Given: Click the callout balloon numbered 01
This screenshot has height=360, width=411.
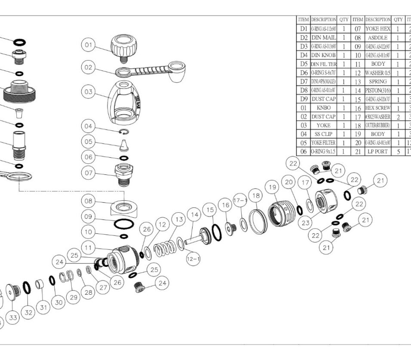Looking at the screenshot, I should [x=89, y=44].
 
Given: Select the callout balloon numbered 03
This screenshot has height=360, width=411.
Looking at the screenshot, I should [x=89, y=92].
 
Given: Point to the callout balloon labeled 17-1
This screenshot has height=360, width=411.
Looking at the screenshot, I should [x=240, y=200].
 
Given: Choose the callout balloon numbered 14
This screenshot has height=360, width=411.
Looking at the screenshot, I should [x=195, y=214].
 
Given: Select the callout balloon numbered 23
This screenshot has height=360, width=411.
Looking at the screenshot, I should [x=306, y=223].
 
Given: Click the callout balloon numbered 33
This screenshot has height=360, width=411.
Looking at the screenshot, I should [x=13, y=317].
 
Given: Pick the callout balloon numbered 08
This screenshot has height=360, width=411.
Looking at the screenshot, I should [x=89, y=201].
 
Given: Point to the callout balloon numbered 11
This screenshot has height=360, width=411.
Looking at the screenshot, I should [x=89, y=248].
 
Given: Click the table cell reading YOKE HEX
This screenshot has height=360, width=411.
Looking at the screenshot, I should [x=378, y=29].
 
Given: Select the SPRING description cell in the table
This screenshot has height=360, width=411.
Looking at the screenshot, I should [x=378, y=82].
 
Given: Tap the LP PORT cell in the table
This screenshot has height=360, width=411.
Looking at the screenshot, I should [x=378, y=152].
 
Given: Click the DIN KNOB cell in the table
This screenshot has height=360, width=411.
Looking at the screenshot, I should [x=323, y=55].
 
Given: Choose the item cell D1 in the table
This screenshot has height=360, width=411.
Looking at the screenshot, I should [x=304, y=29].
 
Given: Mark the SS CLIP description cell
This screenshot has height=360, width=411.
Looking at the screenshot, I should [x=323, y=134].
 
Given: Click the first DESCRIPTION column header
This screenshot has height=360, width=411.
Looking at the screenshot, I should [x=323, y=20].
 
